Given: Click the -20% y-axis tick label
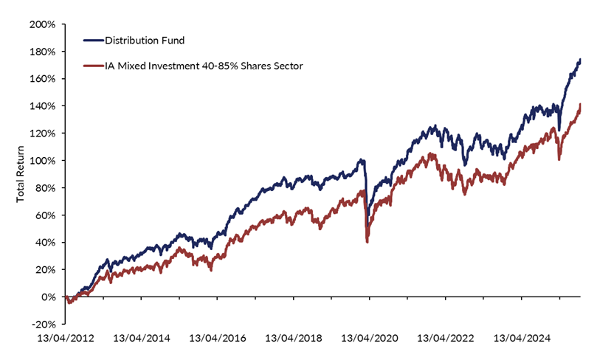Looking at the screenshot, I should click(x=44, y=324).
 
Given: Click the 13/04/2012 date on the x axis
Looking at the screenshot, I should click(x=66, y=339).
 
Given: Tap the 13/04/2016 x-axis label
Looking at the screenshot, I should click(x=218, y=339).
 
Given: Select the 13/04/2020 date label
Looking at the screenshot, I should click(x=370, y=339).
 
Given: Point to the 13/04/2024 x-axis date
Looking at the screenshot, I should click(x=522, y=339).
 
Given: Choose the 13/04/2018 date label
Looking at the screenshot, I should click(x=294, y=339).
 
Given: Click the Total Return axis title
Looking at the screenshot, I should click(x=21, y=174).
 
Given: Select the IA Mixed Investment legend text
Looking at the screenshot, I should click(x=204, y=66).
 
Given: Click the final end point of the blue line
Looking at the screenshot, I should click(x=580, y=60).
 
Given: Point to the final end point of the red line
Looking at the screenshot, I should click(x=580, y=105).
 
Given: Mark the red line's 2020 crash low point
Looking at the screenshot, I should click(x=368, y=241).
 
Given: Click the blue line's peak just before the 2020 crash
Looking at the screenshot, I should click(x=362, y=159).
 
